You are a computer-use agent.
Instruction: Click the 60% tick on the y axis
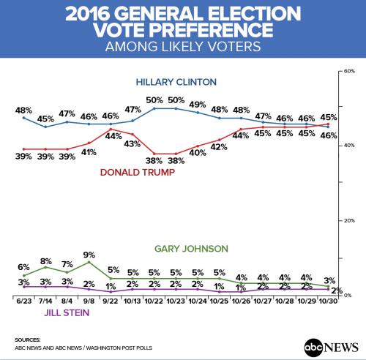[x=349, y=72]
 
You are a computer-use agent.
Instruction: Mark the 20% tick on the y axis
[x=349, y=220]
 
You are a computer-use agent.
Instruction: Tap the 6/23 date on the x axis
[x=23, y=300]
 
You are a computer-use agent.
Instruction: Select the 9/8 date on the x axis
[x=89, y=300]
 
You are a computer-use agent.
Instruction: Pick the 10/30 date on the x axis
[x=329, y=300]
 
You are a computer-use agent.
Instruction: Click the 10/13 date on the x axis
[x=132, y=300]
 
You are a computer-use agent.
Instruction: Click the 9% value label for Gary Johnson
[x=89, y=255]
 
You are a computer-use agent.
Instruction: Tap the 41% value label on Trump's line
[x=89, y=153]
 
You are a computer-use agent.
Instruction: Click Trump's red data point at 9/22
[x=111, y=130]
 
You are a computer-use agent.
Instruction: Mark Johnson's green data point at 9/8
[x=89, y=262]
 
